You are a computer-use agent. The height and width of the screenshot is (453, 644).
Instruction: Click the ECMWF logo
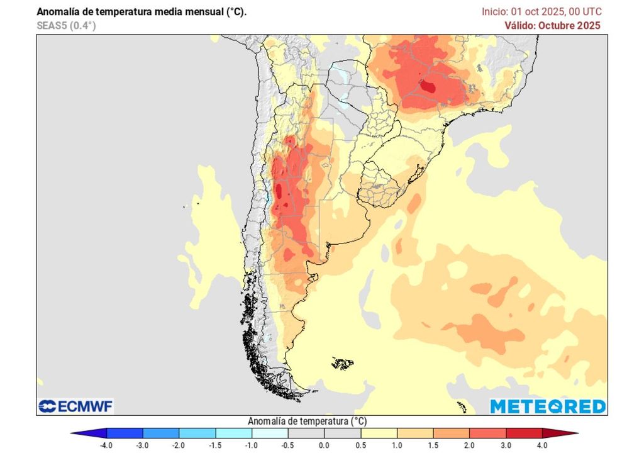coord(75,406)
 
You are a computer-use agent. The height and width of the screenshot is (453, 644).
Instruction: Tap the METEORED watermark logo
coord(548,406)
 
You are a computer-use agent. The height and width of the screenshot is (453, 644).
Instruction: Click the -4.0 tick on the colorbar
coord(107,445)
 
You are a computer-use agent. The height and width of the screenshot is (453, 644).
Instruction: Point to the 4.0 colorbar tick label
coord(541,445)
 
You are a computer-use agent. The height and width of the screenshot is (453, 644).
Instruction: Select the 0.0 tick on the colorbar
coord(324,445)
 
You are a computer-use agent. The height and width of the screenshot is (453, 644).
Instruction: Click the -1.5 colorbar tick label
coord(216,445)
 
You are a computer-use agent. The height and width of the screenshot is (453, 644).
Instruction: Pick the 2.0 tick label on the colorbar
coord(469,445)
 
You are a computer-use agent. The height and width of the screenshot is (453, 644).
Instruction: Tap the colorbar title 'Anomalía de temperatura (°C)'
coord(307,421)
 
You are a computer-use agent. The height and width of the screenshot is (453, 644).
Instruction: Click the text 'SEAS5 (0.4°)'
coord(66,25)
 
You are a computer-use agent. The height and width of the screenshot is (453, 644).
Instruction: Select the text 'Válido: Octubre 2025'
coord(552,25)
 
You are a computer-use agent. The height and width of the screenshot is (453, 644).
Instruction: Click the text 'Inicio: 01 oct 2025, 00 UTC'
coord(541,11)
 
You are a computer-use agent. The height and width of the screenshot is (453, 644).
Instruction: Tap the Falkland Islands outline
coord(343,363)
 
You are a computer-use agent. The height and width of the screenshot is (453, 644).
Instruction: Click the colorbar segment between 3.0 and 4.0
coord(523,433)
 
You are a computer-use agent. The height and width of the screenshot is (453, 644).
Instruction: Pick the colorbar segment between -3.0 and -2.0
coord(161,433)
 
